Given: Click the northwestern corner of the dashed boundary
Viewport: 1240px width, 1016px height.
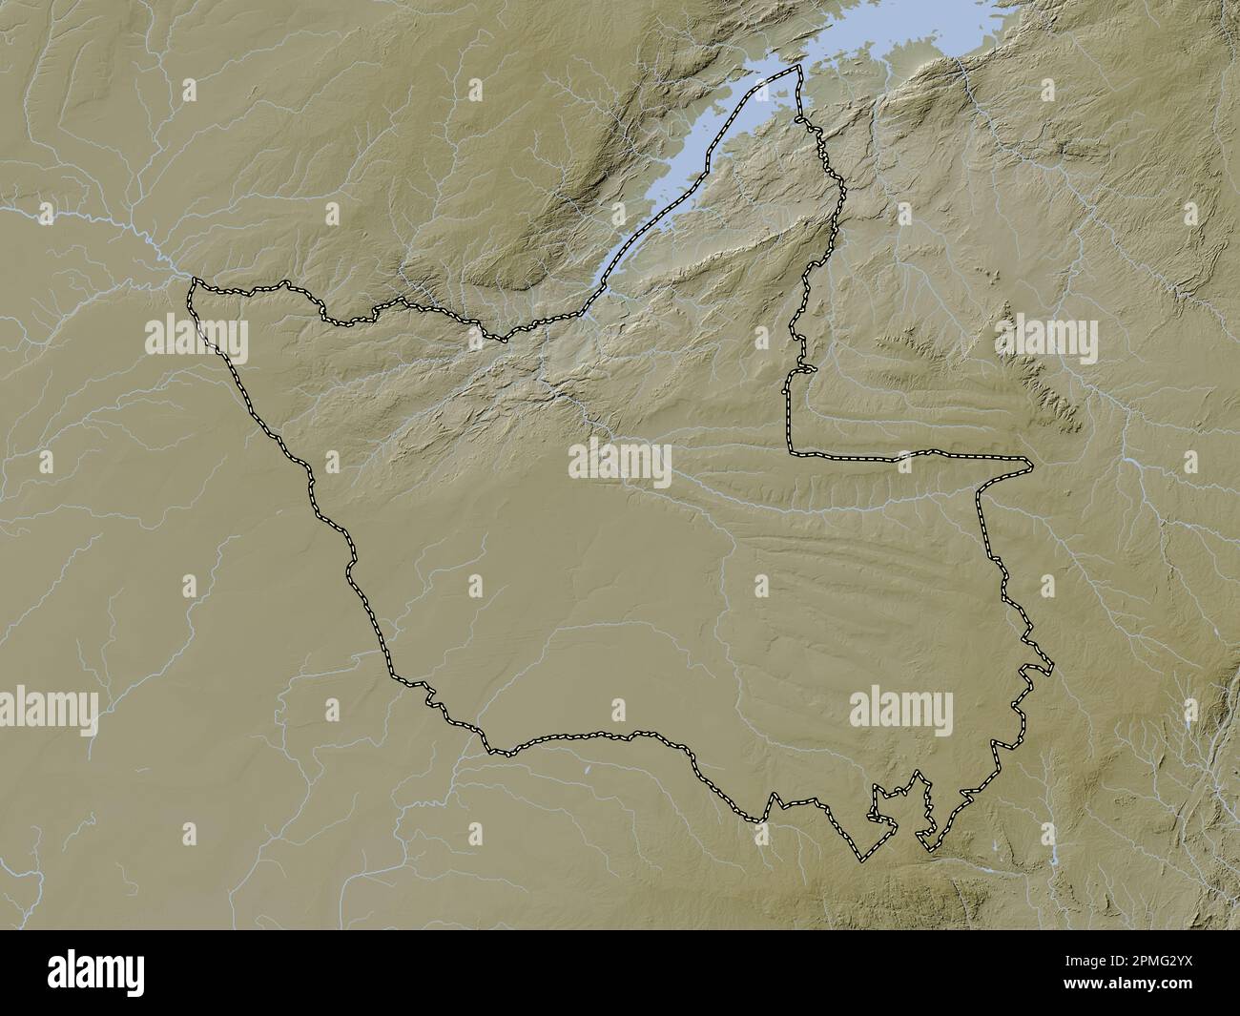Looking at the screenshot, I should (195, 282).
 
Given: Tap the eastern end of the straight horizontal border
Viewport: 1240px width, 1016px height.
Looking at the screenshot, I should (1030, 465).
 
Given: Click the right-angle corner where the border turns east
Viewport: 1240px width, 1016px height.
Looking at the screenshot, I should (791, 451).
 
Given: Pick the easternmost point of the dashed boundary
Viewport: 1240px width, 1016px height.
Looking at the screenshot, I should (1052, 668).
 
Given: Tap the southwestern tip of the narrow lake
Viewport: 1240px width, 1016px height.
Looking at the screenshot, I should (599, 282).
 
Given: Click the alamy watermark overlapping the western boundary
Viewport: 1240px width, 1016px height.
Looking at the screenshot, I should (196, 341).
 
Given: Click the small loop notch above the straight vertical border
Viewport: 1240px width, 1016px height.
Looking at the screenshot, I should (806, 368).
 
